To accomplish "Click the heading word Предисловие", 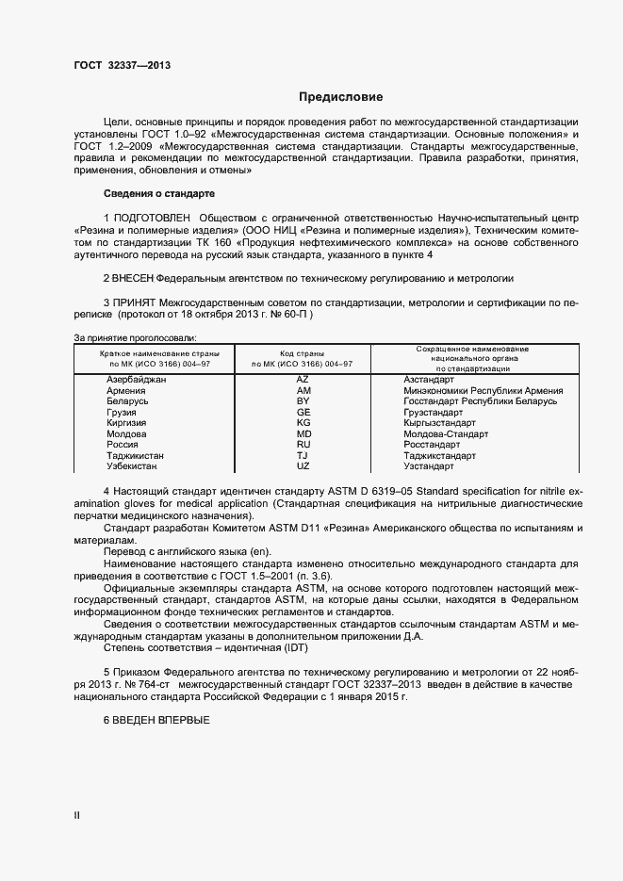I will [x=341, y=97].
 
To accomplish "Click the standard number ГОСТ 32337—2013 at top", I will [x=122, y=65].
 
